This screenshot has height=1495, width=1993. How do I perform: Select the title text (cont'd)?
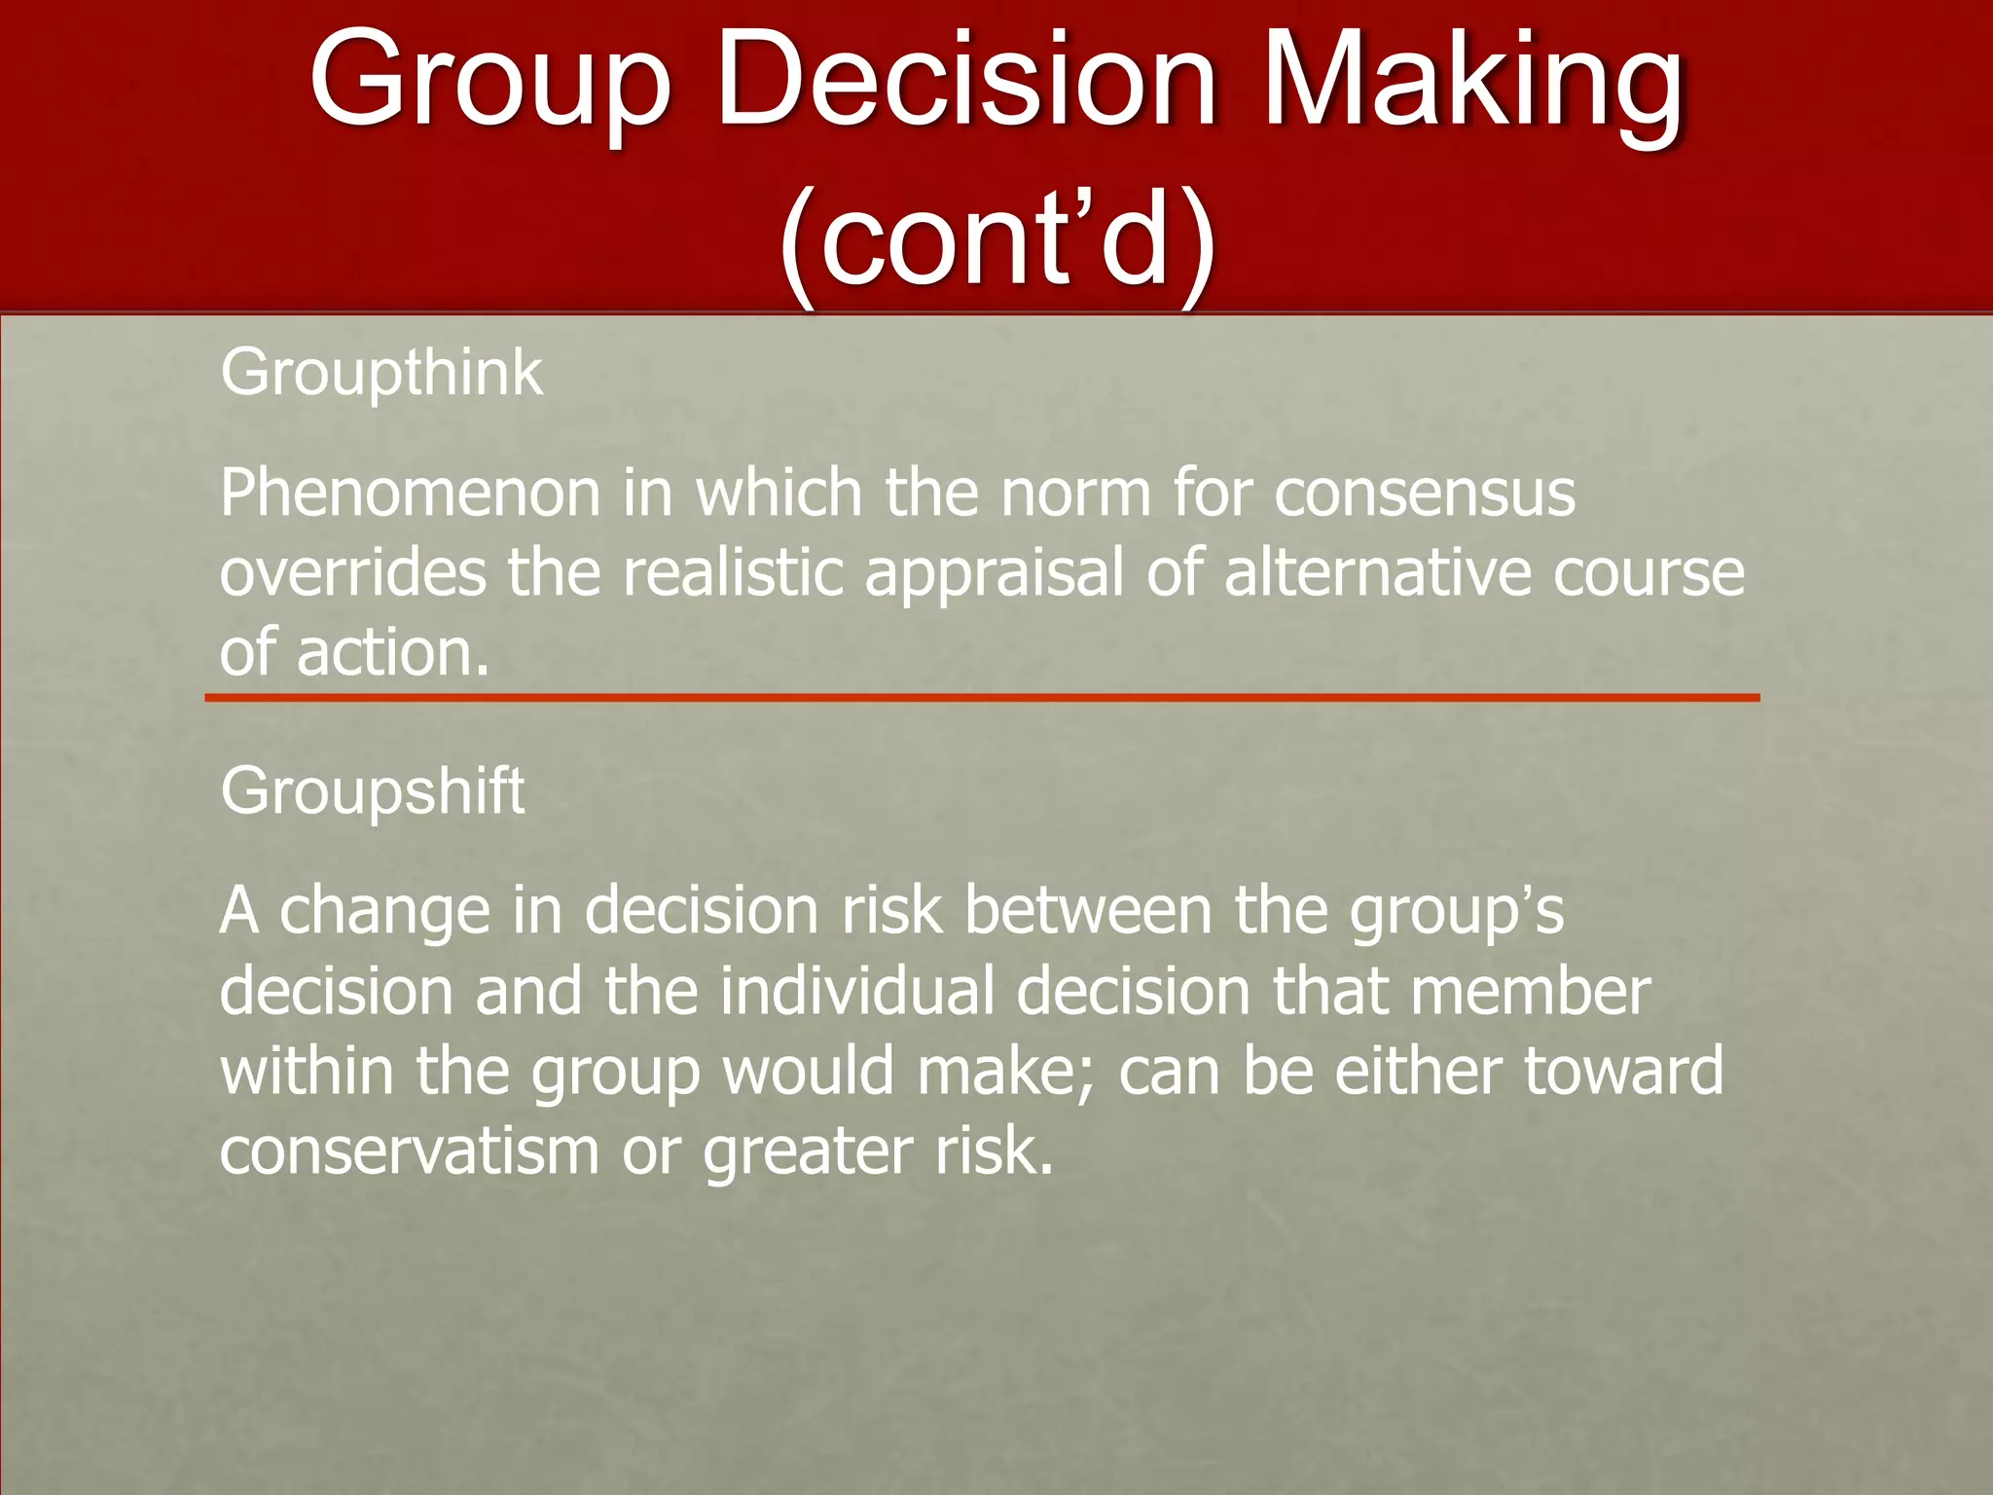click(996, 238)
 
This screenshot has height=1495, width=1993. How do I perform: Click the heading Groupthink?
click(380, 373)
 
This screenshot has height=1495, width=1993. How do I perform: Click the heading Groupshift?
click(372, 790)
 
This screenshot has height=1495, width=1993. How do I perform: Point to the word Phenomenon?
click(410, 493)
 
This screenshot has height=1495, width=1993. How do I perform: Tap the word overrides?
click(352, 573)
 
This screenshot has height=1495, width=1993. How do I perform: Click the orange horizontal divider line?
click(982, 698)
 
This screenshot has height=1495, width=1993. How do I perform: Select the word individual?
click(857, 992)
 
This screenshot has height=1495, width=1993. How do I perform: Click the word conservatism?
click(409, 1152)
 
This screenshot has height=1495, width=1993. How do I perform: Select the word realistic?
click(733, 573)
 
